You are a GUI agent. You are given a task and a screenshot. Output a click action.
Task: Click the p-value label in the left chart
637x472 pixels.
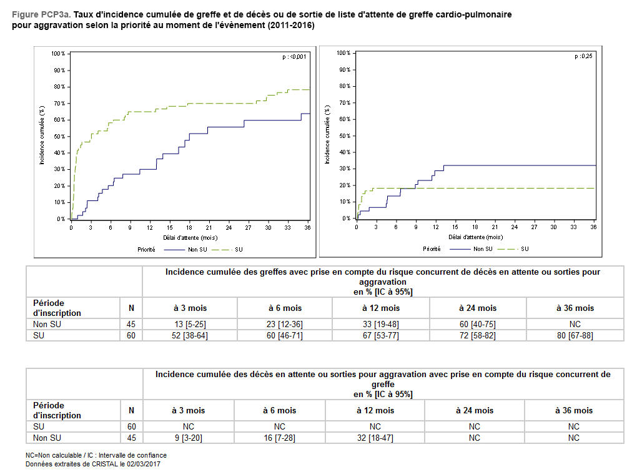tap(295, 57)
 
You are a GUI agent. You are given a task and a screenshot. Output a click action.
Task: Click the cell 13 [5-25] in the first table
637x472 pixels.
tap(190, 325)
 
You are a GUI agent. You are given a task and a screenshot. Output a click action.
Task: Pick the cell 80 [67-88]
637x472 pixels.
tap(575, 335)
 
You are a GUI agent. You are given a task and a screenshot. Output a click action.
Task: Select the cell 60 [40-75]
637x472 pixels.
tap(478, 325)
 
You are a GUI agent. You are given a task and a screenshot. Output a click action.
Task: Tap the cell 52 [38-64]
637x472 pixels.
tap(190, 335)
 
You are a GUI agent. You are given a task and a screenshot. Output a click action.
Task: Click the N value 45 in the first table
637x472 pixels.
tap(131, 325)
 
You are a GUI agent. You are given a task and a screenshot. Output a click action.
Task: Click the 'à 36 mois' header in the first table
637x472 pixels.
tap(575, 308)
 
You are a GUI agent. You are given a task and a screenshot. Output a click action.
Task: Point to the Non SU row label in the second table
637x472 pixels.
tap(47, 438)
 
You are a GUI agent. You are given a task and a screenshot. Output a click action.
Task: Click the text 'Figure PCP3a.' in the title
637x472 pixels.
tap(38, 14)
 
